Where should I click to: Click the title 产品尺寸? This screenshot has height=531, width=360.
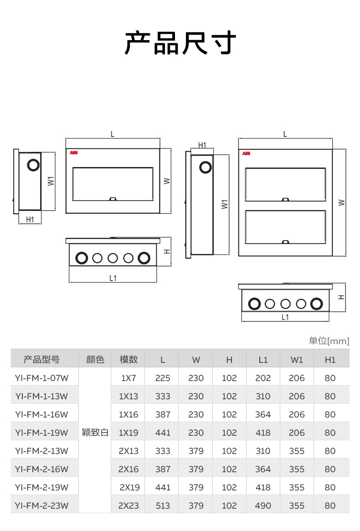(x=180, y=43)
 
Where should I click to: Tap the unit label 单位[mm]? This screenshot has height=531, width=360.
(x=329, y=340)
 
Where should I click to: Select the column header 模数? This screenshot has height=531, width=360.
(x=129, y=359)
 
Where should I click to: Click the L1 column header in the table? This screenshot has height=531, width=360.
(x=263, y=360)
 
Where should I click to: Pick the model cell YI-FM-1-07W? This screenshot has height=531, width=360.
(x=41, y=378)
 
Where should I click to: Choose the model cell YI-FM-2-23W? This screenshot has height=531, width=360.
(x=41, y=505)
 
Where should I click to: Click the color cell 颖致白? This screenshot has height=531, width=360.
(x=95, y=433)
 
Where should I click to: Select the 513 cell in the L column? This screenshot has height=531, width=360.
(x=163, y=505)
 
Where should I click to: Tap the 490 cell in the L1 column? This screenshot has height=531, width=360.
(x=263, y=505)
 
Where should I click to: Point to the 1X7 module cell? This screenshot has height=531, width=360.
(x=129, y=378)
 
